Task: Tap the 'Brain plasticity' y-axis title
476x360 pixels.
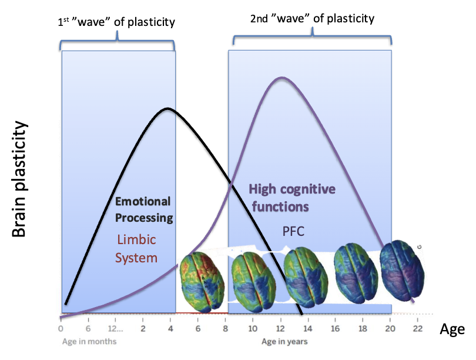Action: (20, 179)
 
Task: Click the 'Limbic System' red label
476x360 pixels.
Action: (136, 248)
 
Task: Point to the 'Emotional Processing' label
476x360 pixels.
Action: (143, 209)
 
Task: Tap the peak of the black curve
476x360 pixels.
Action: (168, 108)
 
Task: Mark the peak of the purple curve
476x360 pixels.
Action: (281, 78)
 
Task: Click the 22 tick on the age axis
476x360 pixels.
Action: (417, 328)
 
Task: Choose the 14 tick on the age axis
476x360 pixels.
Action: (307, 328)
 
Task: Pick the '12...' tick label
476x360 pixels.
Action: (116, 328)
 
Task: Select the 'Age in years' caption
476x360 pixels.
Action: (284, 341)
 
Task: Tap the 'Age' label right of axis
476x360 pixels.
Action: (452, 329)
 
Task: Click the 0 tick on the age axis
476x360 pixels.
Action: (61, 328)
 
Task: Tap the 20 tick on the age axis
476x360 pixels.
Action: (390, 328)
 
